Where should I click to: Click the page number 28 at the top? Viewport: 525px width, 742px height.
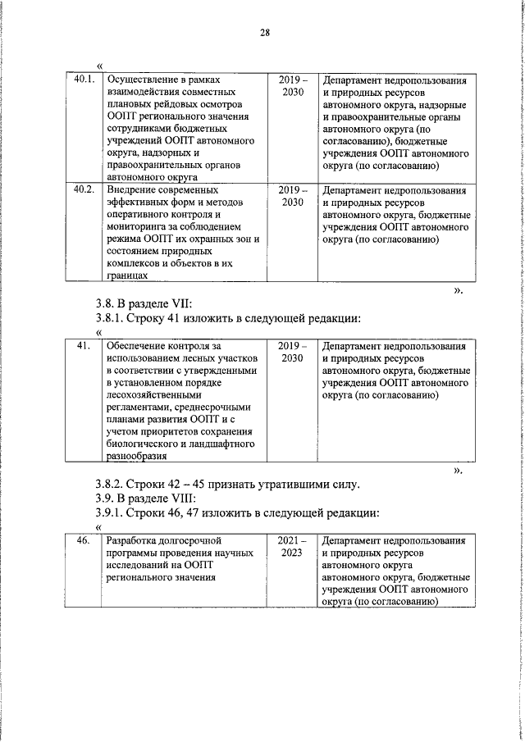click(x=264, y=34)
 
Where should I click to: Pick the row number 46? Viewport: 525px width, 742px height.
click(x=84, y=541)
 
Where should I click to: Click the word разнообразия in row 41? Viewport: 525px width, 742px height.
click(x=130, y=457)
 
